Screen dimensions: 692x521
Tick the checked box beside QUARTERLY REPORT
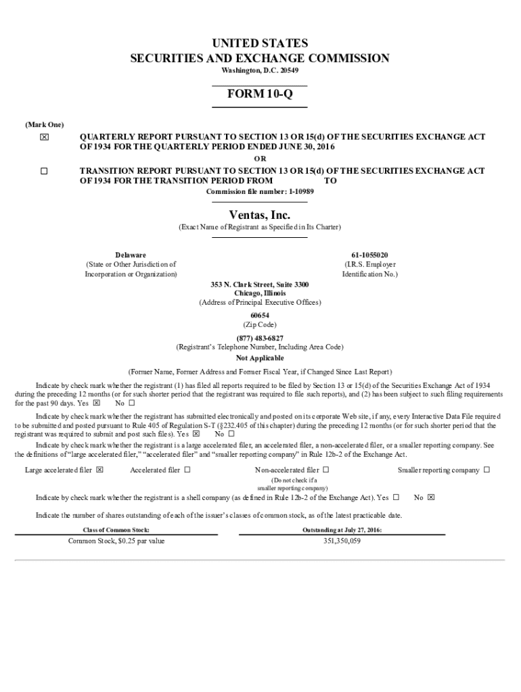[x=44, y=137]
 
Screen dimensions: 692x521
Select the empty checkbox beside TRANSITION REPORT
[x=44, y=172]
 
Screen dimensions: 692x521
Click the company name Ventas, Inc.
[x=260, y=215]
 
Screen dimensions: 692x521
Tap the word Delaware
[x=131, y=255]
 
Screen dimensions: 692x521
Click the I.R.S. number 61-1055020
[x=370, y=255]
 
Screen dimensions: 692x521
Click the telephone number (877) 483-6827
[x=260, y=338]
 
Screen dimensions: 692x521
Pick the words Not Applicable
[x=260, y=358]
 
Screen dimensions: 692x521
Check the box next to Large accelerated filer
[x=99, y=470]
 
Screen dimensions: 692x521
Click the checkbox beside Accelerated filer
[x=187, y=470]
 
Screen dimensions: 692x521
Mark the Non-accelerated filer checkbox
[x=325, y=470]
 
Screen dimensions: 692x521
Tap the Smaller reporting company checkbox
[x=486, y=470]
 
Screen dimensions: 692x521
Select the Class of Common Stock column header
[x=116, y=530]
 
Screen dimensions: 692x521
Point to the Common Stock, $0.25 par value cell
[x=116, y=541]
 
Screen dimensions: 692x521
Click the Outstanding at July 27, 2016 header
[x=342, y=530]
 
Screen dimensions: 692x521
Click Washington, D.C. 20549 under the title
[x=260, y=70]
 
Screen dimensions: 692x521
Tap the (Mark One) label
[x=45, y=125]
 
